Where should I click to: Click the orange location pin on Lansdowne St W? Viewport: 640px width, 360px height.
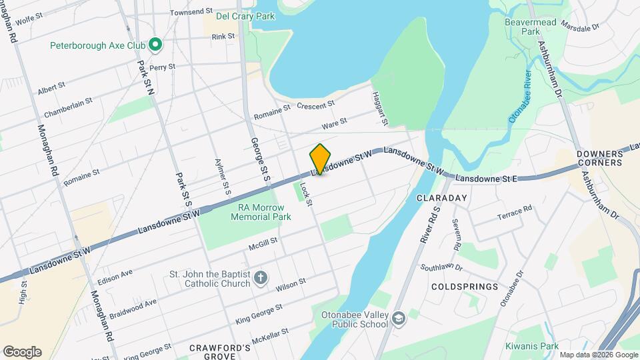[320, 159]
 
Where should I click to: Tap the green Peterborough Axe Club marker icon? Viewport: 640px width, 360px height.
[155, 45]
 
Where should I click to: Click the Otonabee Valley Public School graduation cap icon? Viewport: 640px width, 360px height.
[398, 318]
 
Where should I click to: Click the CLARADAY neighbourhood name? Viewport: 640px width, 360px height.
[439, 198]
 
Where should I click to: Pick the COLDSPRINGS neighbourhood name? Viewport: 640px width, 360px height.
[464, 287]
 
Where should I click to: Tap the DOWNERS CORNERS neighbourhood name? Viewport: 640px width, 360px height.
[599, 158]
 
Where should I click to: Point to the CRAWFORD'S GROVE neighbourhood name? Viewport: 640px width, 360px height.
[219, 351]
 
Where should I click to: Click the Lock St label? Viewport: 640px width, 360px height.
[306, 193]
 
